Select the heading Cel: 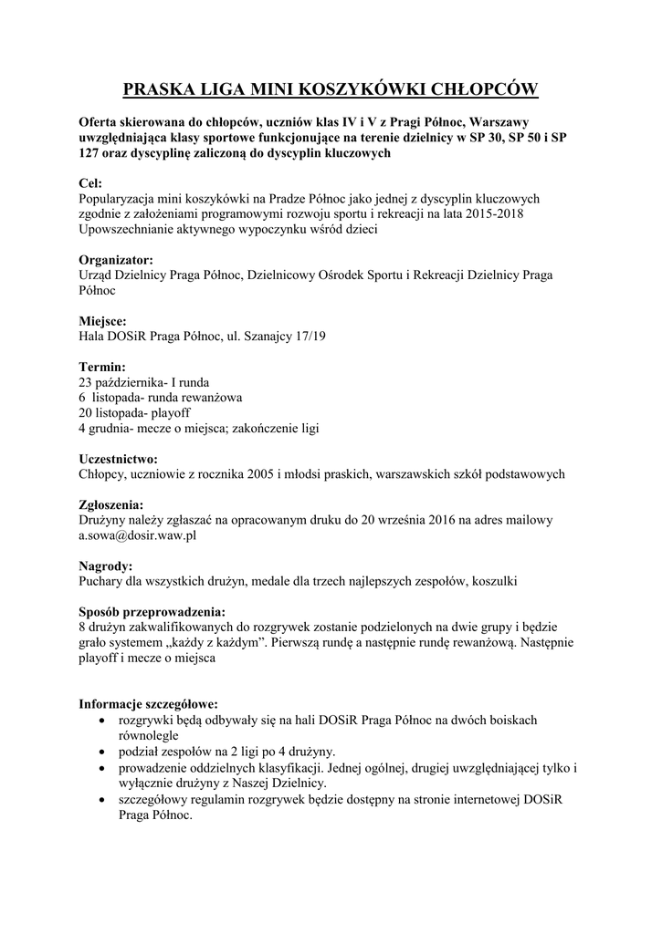point(90,183)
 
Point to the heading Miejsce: point(103,321)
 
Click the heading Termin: point(102,367)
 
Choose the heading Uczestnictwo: point(119,459)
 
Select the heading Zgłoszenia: point(111,504)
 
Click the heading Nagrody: point(106,566)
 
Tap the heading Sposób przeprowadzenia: point(152,611)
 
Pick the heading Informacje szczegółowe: point(148,704)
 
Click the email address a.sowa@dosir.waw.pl point(138,535)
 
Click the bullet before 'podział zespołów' point(101,752)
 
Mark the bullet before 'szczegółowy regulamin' point(101,800)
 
